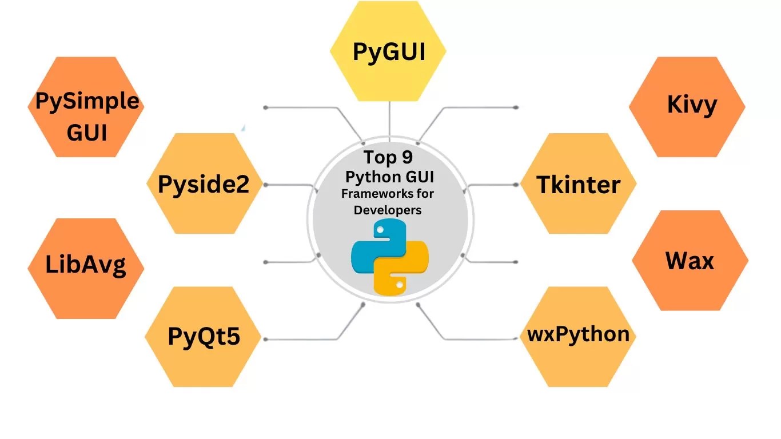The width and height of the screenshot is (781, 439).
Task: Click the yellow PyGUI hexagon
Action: coord(388,51)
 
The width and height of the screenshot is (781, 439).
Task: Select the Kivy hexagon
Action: coord(687,107)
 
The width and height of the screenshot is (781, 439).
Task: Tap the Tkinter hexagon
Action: coord(578,184)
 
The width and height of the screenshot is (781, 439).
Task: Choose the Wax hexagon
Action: coord(690,261)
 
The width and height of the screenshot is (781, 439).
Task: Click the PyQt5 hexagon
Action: coord(203,337)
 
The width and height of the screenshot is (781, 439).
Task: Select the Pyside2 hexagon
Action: coord(204,184)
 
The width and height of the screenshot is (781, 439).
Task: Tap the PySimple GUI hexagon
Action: coord(86,107)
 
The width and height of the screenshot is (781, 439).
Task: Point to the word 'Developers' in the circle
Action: coord(388,210)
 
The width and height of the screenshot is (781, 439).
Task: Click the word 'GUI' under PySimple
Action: coord(87,132)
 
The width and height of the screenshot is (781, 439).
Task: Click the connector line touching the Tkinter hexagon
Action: coord(495,185)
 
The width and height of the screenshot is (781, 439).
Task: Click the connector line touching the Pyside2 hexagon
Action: coord(286,185)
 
